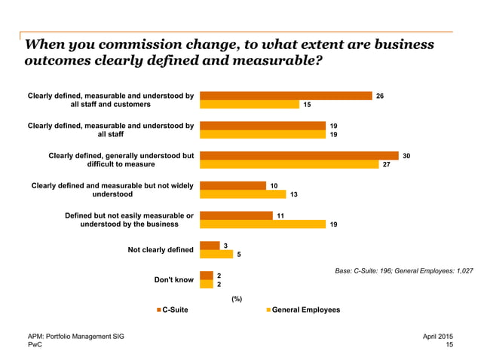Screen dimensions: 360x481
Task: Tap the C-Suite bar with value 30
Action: click(299, 155)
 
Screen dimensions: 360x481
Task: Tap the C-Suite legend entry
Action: click(172, 310)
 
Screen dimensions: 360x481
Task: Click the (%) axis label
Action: click(236, 298)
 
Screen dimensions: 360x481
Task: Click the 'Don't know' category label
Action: click(173, 279)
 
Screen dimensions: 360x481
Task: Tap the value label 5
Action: click(239, 255)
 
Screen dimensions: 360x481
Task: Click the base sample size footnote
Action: click(404, 270)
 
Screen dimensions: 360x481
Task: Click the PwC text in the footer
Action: click(35, 344)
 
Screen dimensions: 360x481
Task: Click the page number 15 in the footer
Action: click(449, 344)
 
